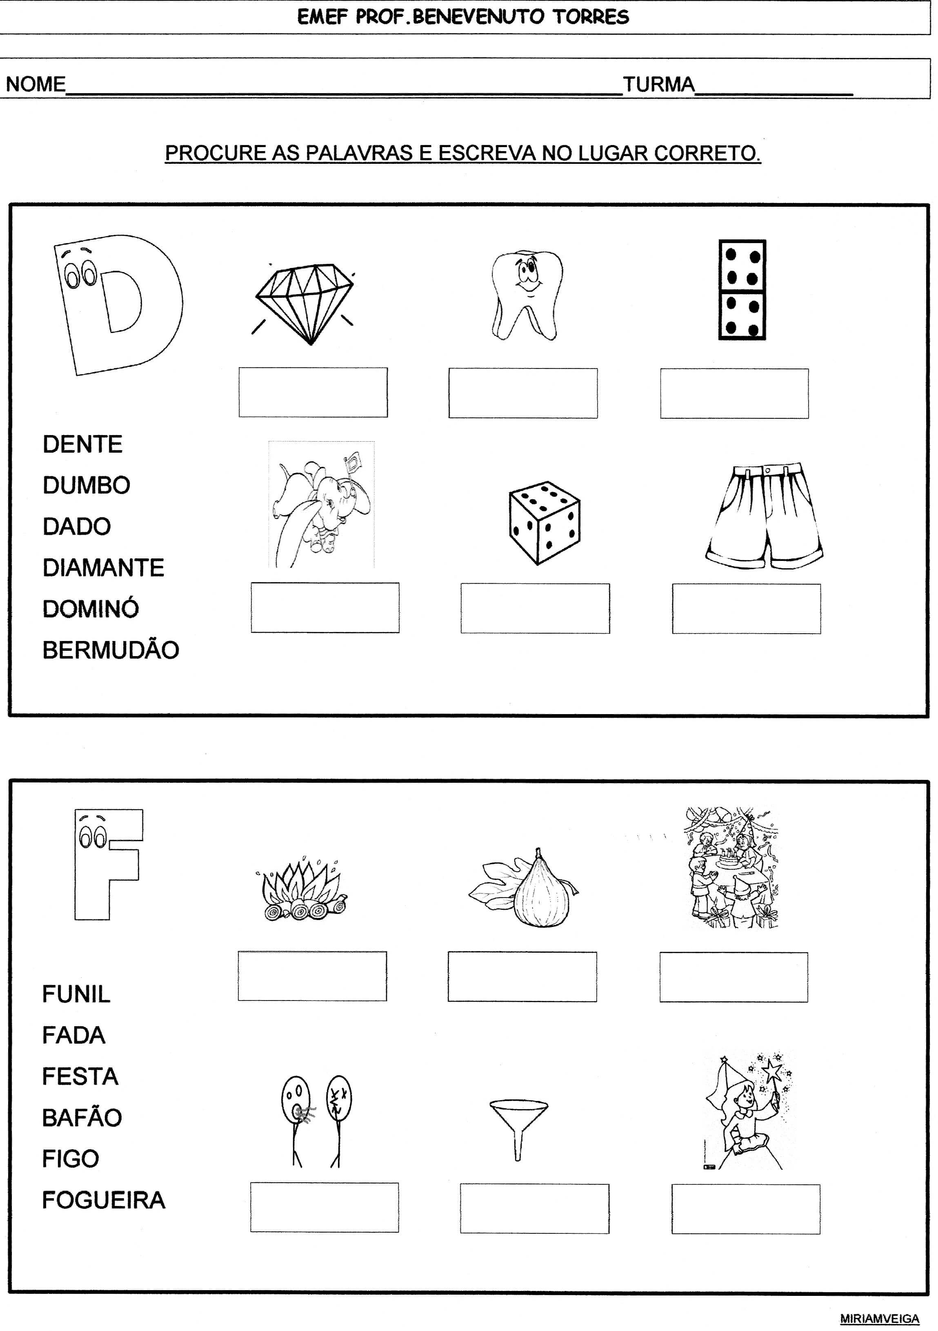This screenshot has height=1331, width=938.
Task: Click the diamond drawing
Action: tap(305, 304)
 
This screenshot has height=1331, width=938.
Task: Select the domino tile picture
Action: tap(742, 290)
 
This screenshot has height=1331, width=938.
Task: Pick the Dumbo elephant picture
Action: tap(321, 505)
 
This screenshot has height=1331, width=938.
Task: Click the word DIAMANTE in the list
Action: tap(103, 567)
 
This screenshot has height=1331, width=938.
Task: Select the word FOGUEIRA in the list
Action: tap(104, 1200)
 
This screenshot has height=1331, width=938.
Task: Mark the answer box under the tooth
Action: tap(522, 393)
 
